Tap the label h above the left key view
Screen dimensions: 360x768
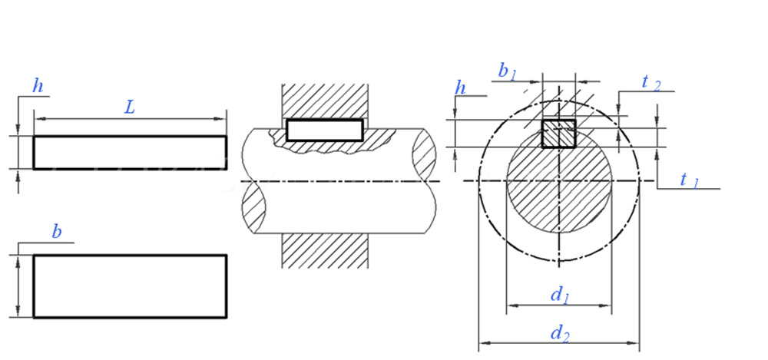coord(37,86)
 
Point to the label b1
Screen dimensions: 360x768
coord(507,71)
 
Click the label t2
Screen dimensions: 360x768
coord(650,82)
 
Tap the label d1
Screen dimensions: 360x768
coord(560,294)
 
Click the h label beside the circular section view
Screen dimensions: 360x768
coord(461,88)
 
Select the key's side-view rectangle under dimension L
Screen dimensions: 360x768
coord(130,152)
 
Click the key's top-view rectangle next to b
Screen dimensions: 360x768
coord(130,286)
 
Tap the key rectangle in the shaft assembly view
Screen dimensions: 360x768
coord(324,130)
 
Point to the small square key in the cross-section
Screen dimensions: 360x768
coord(559,134)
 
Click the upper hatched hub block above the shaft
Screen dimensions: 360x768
coord(325,100)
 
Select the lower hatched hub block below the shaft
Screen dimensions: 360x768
coord(325,250)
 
